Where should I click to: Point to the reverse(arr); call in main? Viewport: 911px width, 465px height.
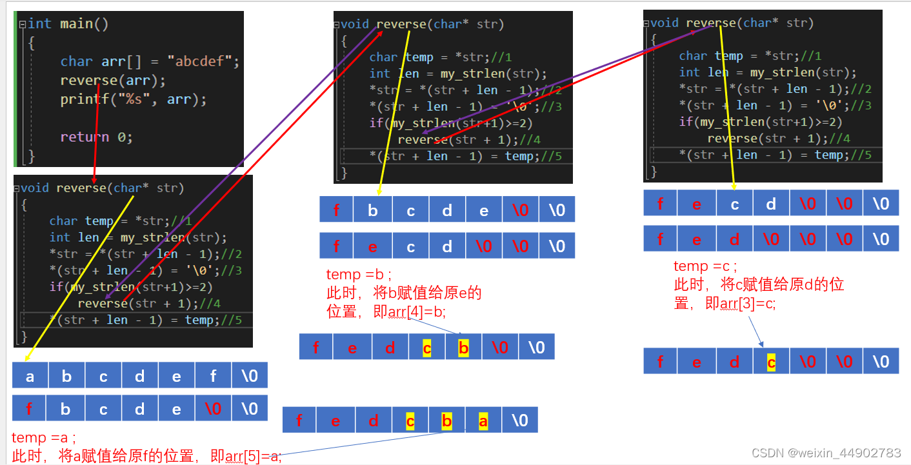click(113, 81)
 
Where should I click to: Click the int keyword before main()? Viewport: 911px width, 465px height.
click(39, 24)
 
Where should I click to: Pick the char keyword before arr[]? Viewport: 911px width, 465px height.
click(76, 62)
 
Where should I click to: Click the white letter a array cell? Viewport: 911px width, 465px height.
click(30, 376)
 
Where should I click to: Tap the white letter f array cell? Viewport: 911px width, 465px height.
click(214, 376)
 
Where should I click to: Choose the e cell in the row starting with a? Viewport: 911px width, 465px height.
click(176, 376)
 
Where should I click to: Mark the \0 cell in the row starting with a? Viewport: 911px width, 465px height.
click(250, 376)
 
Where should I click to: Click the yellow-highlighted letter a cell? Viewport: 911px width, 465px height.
click(483, 421)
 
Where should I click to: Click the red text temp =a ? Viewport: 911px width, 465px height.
click(44, 439)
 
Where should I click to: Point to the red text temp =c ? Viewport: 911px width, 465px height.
click(705, 266)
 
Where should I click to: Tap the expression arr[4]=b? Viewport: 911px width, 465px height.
click(417, 312)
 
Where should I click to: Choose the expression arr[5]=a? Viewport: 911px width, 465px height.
click(253, 457)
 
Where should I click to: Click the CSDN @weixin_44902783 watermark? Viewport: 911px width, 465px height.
click(826, 453)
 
